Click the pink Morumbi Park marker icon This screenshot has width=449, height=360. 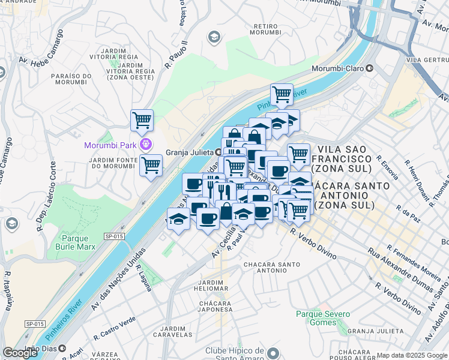pos(145,145)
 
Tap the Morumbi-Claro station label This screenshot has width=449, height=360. pos(338,68)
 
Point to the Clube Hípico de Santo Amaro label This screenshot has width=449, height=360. pos(236,355)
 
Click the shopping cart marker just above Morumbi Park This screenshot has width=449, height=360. pos(142,120)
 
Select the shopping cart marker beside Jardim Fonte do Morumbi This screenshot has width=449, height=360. pos(151,164)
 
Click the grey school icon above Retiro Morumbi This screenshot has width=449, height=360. pos(213,38)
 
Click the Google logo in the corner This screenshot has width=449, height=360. pos(20,353)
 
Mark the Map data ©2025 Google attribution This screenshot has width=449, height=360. pos(412,355)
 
